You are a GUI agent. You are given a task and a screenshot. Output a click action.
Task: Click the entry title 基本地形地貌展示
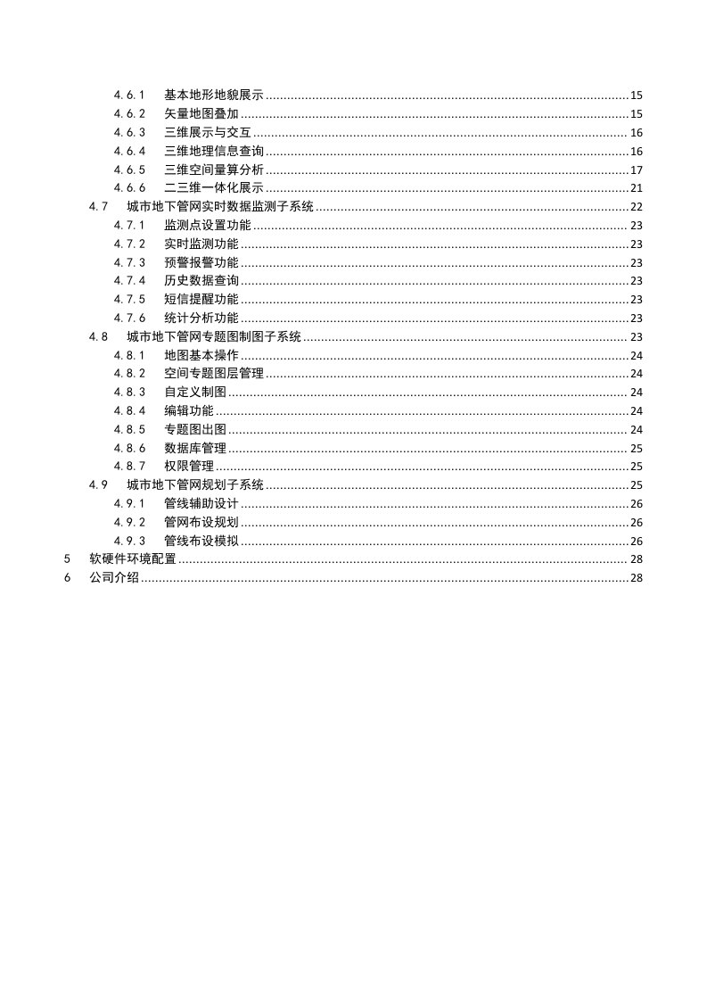[214, 95]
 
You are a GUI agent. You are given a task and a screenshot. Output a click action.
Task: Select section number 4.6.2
[129, 114]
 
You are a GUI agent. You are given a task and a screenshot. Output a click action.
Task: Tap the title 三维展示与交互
[208, 133]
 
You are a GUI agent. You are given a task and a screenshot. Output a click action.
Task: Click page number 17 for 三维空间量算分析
[637, 170]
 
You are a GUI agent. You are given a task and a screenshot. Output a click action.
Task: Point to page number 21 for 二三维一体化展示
[637, 188]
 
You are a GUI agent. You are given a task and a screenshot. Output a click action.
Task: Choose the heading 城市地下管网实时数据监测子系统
[220, 207]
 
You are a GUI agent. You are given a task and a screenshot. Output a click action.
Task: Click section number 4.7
[99, 207]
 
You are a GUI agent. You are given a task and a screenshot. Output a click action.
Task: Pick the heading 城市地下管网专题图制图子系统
[214, 336]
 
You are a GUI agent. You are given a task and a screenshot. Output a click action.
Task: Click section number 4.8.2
[129, 374]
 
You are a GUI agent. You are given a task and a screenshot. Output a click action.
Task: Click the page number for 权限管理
[637, 467]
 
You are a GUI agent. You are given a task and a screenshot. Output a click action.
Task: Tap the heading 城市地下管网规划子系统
[195, 485]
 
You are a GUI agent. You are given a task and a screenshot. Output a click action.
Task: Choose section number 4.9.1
[129, 504]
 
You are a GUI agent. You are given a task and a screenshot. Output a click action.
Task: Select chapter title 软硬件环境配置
[133, 559]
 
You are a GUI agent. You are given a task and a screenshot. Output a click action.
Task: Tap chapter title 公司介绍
[114, 578]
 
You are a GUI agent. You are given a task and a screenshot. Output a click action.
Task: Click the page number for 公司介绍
[637, 578]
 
